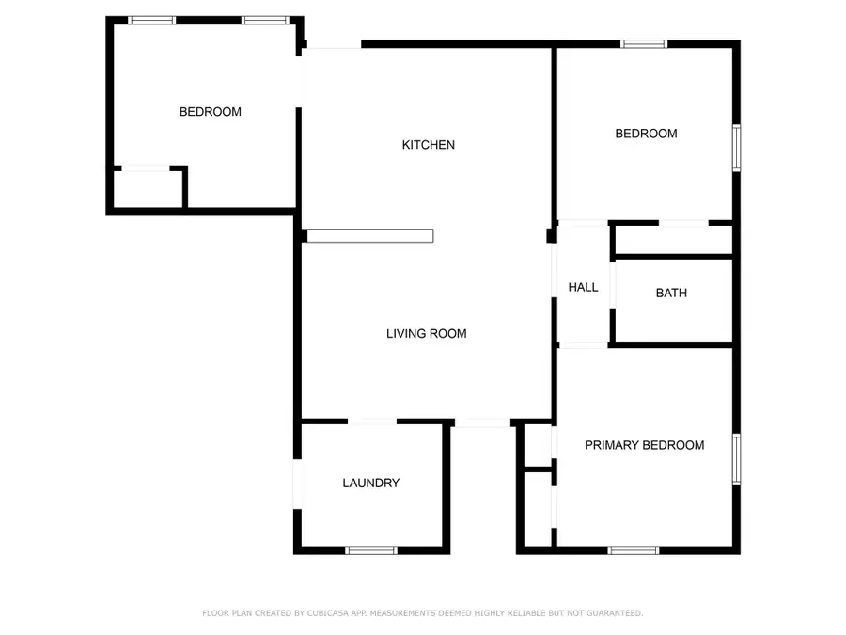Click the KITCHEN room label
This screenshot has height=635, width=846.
click(429, 145)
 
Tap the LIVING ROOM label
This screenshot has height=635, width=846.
click(427, 333)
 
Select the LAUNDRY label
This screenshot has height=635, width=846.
click(370, 483)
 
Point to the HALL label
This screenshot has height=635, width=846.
click(583, 287)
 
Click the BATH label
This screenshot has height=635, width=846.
click(671, 293)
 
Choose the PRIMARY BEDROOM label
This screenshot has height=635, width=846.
click(644, 445)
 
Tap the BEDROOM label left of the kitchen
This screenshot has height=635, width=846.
click(211, 112)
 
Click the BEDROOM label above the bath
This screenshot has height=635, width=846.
click(646, 134)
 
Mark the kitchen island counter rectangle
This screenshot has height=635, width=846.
click(370, 236)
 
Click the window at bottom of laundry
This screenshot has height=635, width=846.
click(370, 550)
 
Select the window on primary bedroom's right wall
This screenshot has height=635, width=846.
click(737, 458)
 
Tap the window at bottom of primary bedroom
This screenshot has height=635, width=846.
click(634, 550)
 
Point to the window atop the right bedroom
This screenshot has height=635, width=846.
click(644, 43)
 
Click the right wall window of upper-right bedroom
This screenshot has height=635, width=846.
click(737, 148)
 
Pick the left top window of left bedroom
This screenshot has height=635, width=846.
click(152, 20)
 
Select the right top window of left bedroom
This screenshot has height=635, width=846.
click(266, 20)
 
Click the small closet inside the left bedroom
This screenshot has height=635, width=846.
click(148, 188)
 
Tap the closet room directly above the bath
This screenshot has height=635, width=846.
click(672, 240)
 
